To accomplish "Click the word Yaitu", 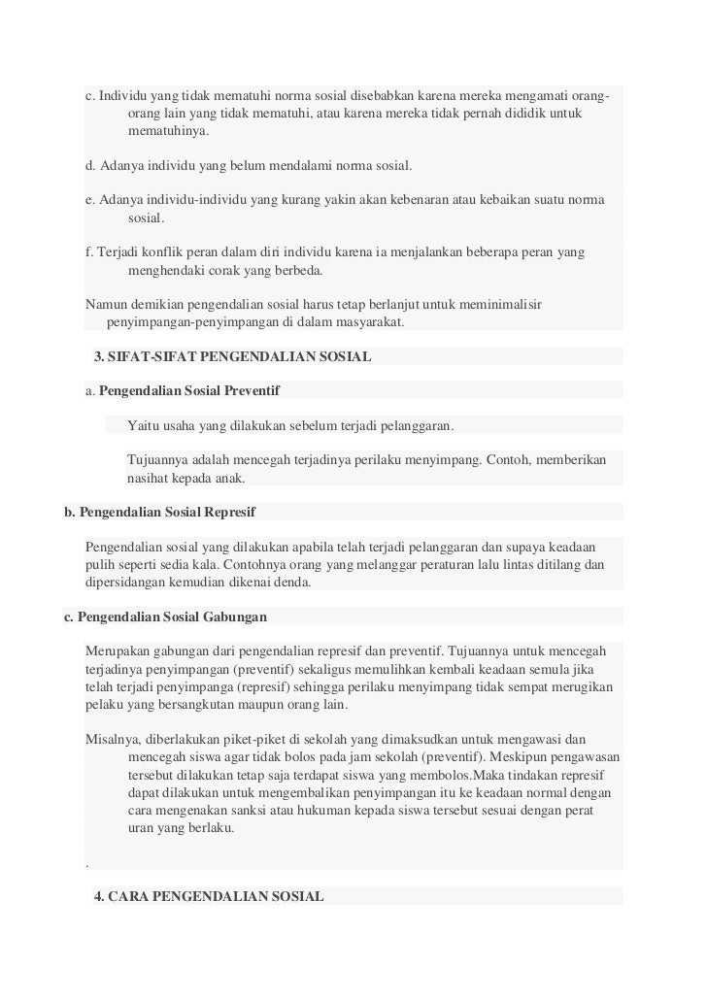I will point(143,425).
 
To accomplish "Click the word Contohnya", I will point(291,564).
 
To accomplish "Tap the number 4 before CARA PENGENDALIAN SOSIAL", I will point(98,895).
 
